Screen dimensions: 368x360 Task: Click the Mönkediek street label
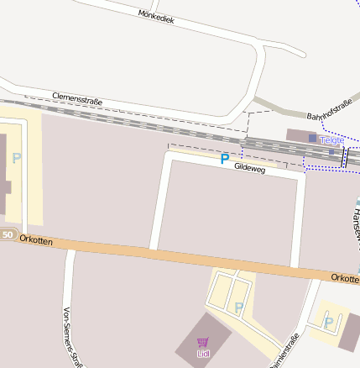[x=156, y=15]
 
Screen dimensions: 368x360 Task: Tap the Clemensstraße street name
[x=76, y=99]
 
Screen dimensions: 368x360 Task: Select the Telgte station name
[x=332, y=140]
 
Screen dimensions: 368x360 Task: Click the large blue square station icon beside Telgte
[x=313, y=138]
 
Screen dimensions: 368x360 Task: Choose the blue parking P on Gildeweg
[x=224, y=158]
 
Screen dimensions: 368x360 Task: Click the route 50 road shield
[x=8, y=234]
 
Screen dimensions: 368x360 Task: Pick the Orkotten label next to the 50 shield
[x=36, y=241]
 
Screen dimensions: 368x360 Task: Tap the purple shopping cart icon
[x=202, y=342]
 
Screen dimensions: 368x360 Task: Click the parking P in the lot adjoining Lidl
[x=238, y=307]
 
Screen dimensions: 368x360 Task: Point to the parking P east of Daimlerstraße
[x=328, y=321]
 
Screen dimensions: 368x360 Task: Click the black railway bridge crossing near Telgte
[x=344, y=157]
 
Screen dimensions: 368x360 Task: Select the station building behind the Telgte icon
[x=299, y=134]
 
